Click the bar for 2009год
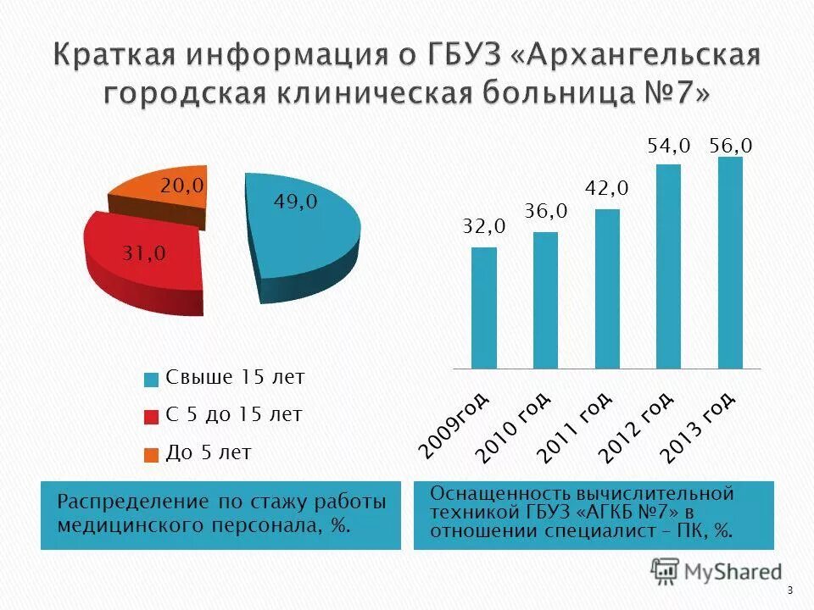483,308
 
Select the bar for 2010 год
545,301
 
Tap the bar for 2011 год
607,289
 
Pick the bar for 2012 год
669,267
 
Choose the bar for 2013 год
730,263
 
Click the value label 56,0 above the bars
731,146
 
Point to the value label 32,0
483,226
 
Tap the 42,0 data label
607,187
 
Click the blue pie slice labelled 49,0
305,229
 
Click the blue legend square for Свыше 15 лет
151,379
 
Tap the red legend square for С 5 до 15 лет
151,417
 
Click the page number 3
789,591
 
